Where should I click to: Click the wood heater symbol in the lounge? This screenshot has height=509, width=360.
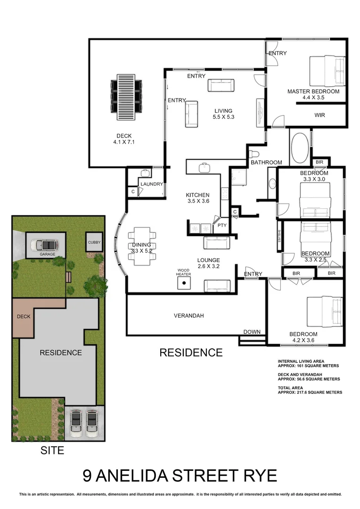click(x=184, y=283)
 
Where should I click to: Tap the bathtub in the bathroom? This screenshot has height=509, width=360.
click(x=299, y=148)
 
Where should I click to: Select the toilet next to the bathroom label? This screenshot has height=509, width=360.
click(x=253, y=154)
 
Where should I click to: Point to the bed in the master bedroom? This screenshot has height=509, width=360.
click(x=327, y=71)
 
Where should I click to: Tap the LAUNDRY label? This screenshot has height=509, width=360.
click(x=151, y=184)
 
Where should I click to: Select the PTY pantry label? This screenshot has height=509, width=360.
click(x=222, y=225)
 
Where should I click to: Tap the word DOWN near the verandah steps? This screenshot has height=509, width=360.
click(x=252, y=332)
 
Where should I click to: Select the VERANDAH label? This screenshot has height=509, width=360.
click(x=188, y=316)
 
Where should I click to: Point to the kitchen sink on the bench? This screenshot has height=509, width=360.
click(x=204, y=167)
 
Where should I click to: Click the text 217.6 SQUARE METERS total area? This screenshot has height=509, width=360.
click(x=310, y=392)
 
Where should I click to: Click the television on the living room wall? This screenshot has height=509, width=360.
click(x=260, y=111)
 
